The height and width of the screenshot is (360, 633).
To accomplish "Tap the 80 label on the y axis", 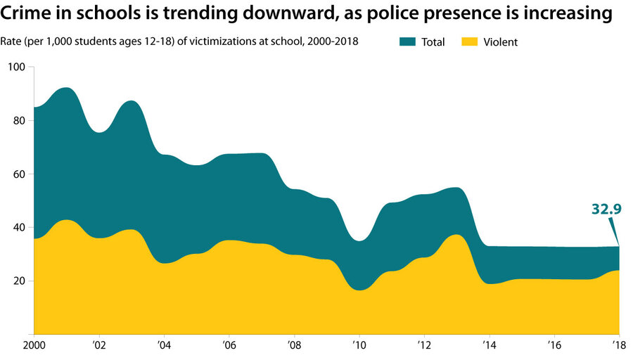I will click(20, 120).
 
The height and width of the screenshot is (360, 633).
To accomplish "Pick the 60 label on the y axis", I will click(20, 174).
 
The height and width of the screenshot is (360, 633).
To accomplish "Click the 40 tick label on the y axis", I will click(20, 227).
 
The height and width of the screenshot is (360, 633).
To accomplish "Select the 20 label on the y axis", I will click(20, 281).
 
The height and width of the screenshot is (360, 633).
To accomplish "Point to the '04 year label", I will click(163, 347).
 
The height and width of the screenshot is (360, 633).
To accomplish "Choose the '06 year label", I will click(228, 347).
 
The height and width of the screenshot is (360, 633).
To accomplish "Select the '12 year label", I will click(423, 347).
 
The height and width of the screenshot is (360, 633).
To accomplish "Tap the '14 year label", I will click(488, 347).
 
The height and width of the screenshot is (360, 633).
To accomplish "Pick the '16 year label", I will click(554, 347).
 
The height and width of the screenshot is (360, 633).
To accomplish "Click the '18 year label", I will click(618, 347).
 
